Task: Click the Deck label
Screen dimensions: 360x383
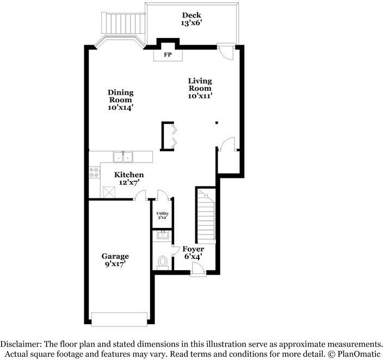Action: click(x=191, y=15)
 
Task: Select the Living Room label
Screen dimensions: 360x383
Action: click(x=200, y=84)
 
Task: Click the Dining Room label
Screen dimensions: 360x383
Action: click(x=120, y=96)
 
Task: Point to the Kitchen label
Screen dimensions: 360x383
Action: click(x=129, y=175)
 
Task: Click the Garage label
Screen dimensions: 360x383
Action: click(x=115, y=256)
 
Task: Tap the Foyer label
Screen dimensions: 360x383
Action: click(x=193, y=249)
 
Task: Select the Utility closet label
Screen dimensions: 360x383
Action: click(x=162, y=214)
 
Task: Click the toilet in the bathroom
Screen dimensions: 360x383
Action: click(x=162, y=262)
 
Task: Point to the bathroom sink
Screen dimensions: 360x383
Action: click(x=162, y=235)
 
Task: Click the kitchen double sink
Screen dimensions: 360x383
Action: click(x=123, y=157)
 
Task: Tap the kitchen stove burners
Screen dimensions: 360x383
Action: click(x=95, y=172)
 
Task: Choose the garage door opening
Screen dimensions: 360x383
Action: click(x=119, y=319)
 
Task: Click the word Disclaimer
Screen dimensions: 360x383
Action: click(x=21, y=344)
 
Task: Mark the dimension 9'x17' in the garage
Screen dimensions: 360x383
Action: click(x=115, y=264)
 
